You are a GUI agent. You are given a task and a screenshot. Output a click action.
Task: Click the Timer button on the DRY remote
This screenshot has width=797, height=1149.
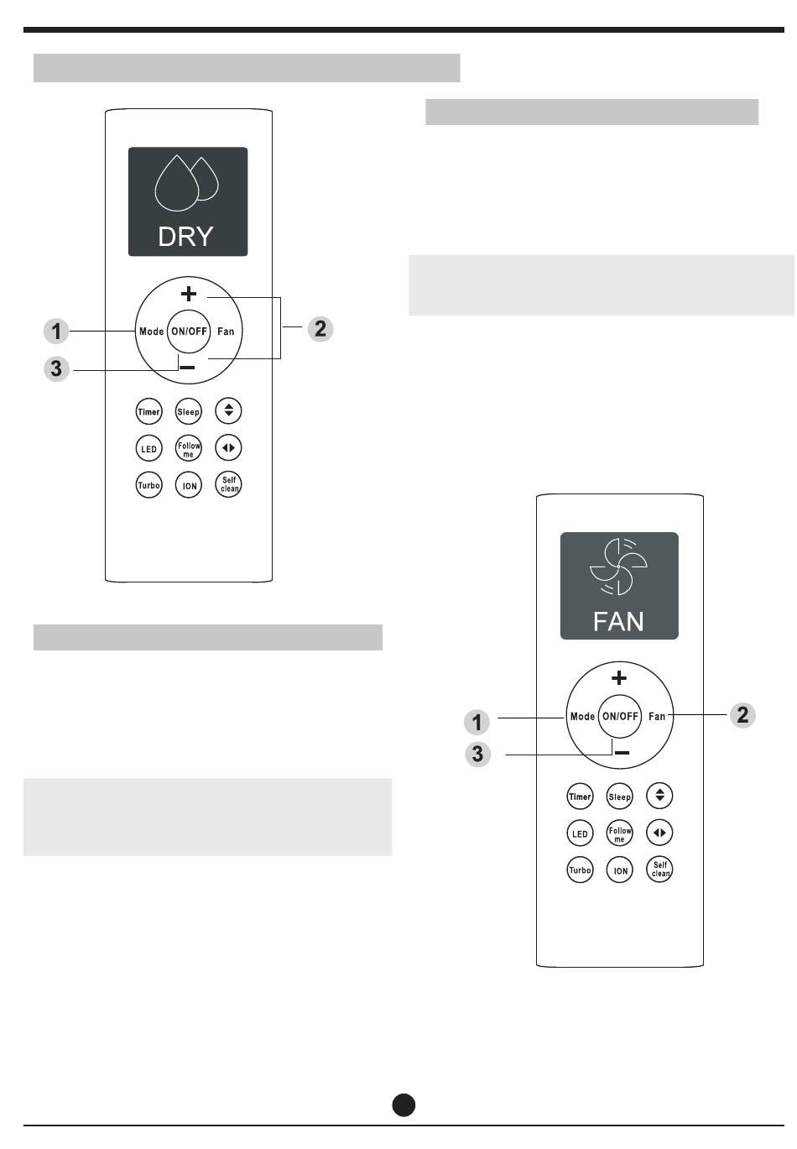148,412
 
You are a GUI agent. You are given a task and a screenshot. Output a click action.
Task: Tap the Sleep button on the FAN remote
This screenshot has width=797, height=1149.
619,796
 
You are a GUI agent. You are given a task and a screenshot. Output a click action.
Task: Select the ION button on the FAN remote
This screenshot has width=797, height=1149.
620,870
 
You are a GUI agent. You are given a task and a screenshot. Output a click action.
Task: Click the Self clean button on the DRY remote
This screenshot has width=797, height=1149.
229,485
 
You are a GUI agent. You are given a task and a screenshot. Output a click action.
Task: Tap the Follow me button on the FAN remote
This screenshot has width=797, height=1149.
620,833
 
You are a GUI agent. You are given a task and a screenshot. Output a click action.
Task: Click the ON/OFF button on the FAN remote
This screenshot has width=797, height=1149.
620,716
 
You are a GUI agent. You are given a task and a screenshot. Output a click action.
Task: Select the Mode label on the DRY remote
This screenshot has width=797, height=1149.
152,332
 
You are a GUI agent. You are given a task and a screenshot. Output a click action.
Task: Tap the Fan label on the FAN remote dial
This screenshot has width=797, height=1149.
657,716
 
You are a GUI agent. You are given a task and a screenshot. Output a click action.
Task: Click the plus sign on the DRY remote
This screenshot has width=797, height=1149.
189,294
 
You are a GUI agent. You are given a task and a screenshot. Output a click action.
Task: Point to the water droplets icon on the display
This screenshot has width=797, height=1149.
186,179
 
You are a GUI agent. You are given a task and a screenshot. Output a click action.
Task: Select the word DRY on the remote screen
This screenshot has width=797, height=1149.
185,237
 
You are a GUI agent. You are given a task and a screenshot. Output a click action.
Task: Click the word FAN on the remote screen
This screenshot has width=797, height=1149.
618,621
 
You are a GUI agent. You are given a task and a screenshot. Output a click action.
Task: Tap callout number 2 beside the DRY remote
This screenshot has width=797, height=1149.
320,328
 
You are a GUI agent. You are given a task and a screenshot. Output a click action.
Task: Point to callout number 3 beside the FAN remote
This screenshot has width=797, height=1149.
477,754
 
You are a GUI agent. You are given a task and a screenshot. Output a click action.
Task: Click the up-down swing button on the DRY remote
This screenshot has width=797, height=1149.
228,411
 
